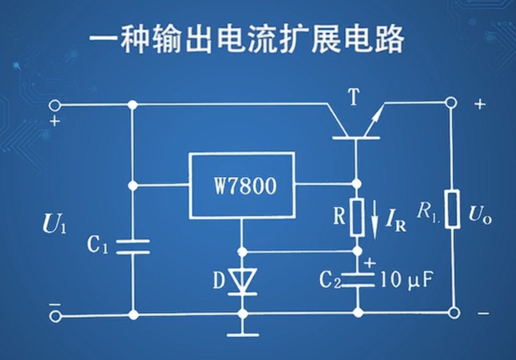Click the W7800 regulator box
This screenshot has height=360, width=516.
tap(243, 185)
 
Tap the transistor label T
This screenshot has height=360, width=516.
tap(353, 98)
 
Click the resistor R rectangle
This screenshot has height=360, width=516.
tap(357, 217)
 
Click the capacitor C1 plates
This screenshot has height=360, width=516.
tap(133, 247)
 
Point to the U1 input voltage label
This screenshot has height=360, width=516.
tap(54, 225)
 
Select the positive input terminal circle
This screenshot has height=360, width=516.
tap(55, 105)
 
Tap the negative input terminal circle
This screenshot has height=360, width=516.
tap(55, 317)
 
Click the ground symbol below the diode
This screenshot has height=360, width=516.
tap(243, 334)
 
